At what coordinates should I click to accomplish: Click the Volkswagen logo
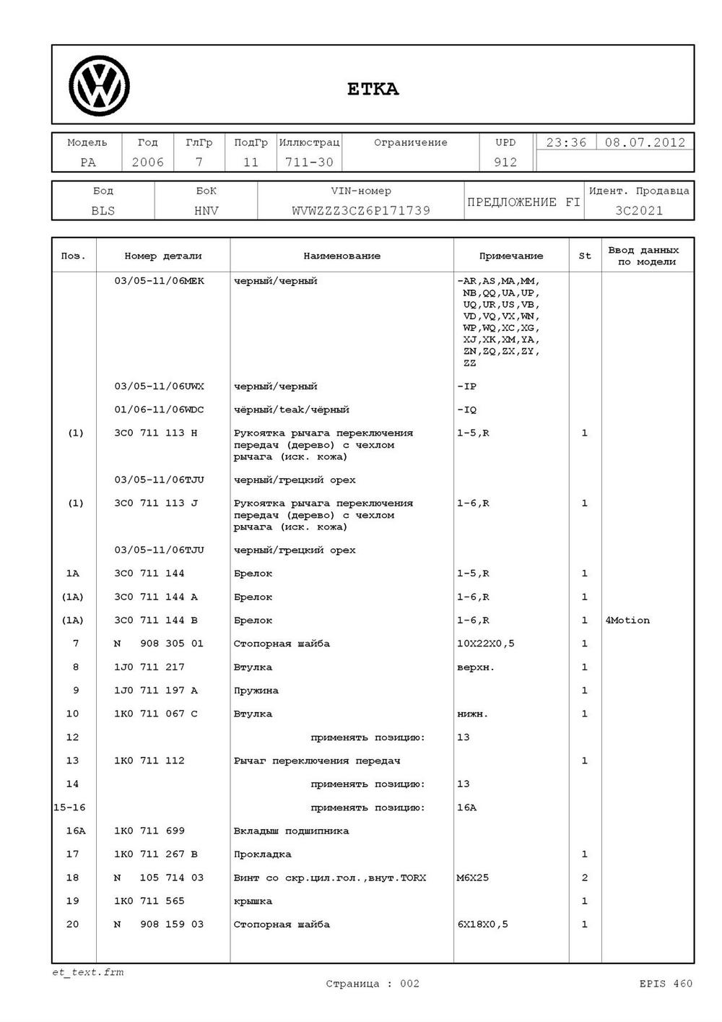(x=99, y=86)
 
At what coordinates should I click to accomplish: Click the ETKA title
(x=373, y=89)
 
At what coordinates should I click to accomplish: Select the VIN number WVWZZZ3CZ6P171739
(x=361, y=211)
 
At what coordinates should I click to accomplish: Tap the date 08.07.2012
(x=645, y=142)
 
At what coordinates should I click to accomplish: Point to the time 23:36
(x=566, y=142)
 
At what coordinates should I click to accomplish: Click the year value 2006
(x=147, y=163)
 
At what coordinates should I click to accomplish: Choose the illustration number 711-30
(x=309, y=163)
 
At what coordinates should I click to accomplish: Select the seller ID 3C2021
(x=639, y=211)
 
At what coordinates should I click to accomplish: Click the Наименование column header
(x=342, y=256)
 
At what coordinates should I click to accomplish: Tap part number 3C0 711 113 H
(x=155, y=433)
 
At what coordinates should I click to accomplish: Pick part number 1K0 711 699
(x=149, y=831)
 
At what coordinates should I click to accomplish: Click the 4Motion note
(x=627, y=620)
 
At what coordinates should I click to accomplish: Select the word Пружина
(x=256, y=690)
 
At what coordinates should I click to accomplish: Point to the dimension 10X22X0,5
(x=485, y=644)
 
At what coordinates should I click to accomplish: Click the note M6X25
(x=472, y=878)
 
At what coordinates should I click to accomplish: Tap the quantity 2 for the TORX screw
(x=584, y=878)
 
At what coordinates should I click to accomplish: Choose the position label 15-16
(x=69, y=807)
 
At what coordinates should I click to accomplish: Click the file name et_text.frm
(x=87, y=972)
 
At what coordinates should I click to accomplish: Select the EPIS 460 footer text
(x=665, y=983)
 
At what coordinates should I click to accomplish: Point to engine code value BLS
(x=103, y=211)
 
